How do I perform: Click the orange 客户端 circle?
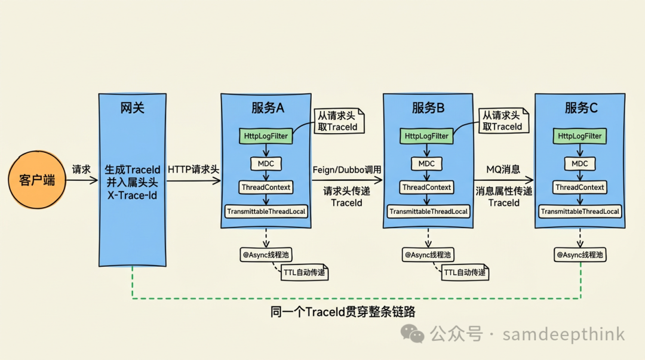37,180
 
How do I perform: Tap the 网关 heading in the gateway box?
132,108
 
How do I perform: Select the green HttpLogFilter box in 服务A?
266,136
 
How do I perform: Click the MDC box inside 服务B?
426,163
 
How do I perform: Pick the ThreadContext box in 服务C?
580,187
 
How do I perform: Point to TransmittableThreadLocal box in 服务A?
266,211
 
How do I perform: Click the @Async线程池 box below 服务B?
428,255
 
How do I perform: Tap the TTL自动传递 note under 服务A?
305,273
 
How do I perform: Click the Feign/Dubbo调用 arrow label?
347,170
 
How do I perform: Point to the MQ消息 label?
503,170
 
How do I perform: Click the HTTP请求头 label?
193,170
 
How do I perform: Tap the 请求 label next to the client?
81,170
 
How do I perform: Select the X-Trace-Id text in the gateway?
132,195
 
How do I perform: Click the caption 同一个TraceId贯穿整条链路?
343,312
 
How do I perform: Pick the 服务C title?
580,108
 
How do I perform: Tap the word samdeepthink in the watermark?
563,334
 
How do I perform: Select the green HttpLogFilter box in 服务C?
580,136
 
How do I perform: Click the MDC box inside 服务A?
266,163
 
